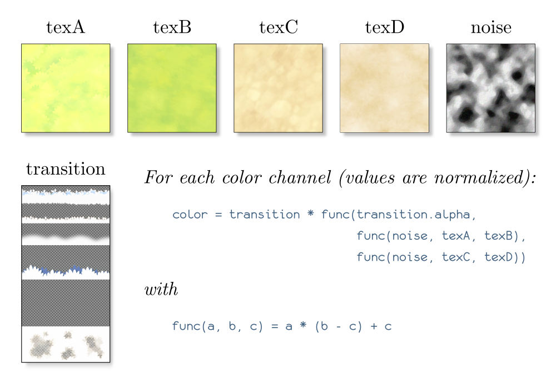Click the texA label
click(x=66, y=27)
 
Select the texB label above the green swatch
click(x=172, y=27)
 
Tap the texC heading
click(x=279, y=27)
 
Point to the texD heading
click(x=385, y=27)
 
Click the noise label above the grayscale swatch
click(x=491, y=28)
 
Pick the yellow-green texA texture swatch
click(x=66, y=88)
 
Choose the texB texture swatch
click(x=172, y=88)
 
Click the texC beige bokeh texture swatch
click(x=279, y=88)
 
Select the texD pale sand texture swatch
click(x=384, y=88)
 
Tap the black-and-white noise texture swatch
click(x=491, y=88)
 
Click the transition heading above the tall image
click(x=66, y=169)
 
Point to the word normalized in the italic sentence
click(x=479, y=177)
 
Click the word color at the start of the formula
click(x=190, y=215)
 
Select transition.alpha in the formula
click(x=414, y=215)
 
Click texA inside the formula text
click(x=456, y=236)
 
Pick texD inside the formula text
click(x=499, y=257)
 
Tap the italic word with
click(x=161, y=289)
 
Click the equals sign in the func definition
click(x=275, y=326)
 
